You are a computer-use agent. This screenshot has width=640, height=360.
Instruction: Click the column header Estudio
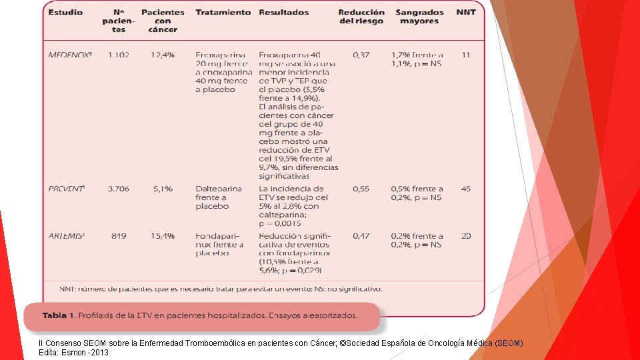[65, 13]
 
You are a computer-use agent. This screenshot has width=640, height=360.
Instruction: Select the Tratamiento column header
[223, 13]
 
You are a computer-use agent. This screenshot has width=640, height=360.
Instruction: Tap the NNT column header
[466, 13]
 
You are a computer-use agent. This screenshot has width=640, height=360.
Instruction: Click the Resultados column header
[283, 13]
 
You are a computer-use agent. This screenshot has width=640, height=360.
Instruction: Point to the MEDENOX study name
[70, 55]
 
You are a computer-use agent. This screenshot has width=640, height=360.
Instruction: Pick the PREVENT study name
[66, 189]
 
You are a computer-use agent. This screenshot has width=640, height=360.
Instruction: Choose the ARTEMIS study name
[66, 236]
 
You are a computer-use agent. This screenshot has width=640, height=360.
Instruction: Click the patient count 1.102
[119, 55]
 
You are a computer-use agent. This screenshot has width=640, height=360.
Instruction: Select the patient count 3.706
[119, 189]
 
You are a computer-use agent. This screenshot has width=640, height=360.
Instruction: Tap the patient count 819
[119, 236]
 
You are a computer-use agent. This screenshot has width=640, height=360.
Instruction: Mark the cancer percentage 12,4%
[163, 55]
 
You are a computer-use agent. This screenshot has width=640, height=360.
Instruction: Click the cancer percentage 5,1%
[163, 189]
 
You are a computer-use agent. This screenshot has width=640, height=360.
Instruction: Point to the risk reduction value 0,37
[361, 55]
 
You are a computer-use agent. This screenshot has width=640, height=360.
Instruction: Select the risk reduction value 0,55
[361, 189]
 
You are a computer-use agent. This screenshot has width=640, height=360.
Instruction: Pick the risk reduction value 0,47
[361, 236]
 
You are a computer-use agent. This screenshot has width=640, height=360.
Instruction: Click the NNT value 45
[466, 189]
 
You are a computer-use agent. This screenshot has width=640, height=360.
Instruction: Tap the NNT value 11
[466, 55]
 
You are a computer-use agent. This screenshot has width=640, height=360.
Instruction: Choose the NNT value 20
[466, 236]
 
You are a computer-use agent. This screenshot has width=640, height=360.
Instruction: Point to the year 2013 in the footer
[99, 352]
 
